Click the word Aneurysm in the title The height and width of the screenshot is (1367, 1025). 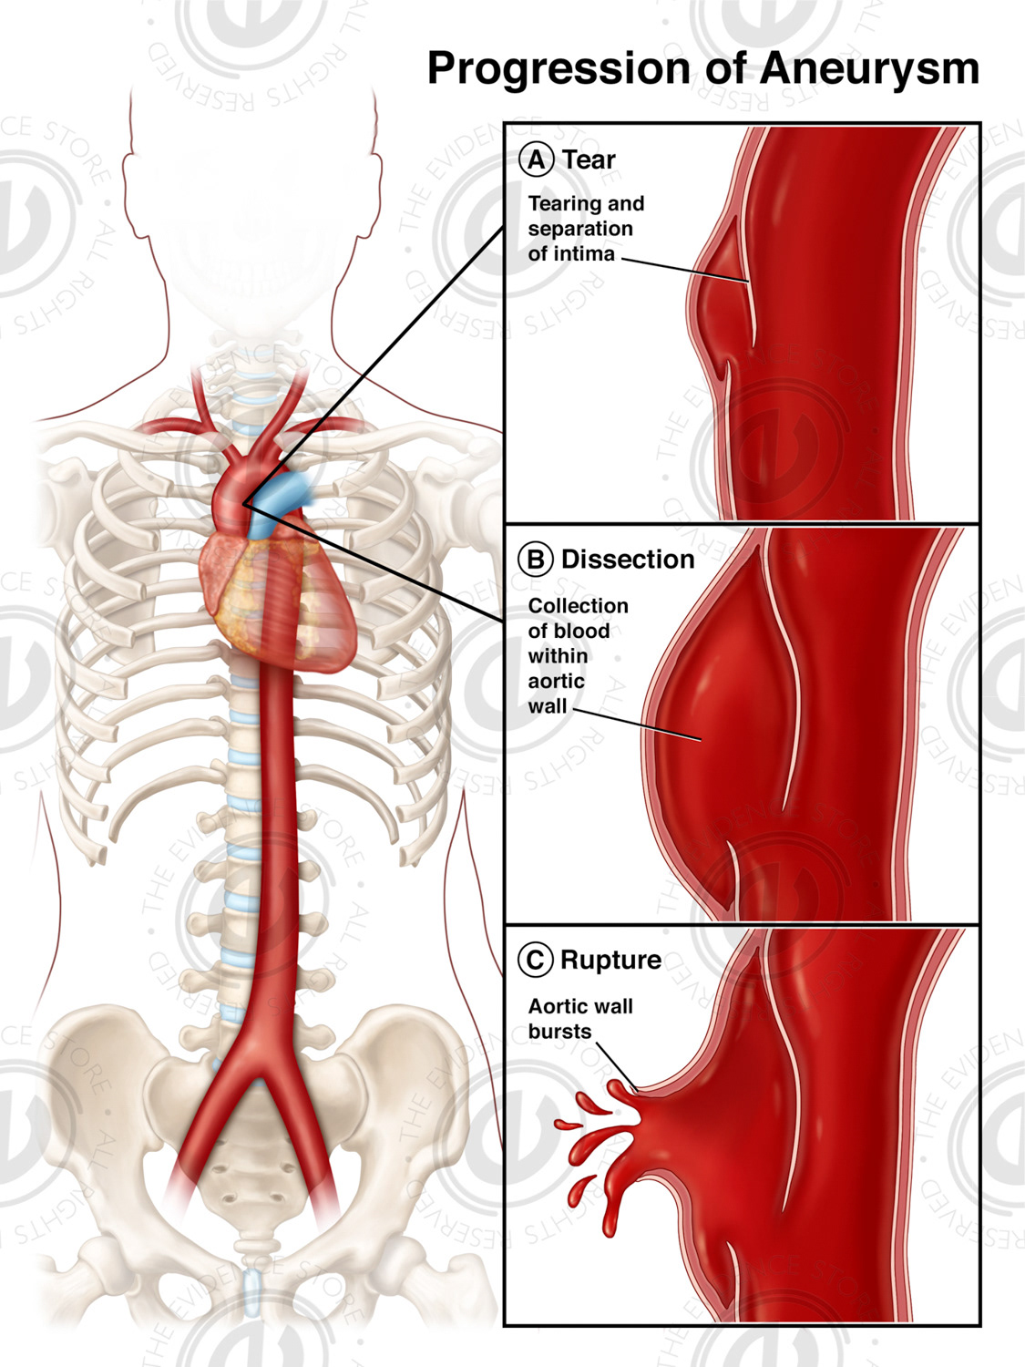(869, 69)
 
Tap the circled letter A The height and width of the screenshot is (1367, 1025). (537, 159)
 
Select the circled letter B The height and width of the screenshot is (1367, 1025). (536, 559)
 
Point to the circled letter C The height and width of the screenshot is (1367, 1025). (535, 960)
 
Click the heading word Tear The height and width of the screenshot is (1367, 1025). (589, 159)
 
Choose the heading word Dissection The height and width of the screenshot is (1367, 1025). (628, 559)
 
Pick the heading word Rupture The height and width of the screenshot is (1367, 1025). (610, 960)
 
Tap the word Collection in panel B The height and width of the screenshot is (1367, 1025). (578, 606)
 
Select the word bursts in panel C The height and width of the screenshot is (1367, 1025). (559, 1032)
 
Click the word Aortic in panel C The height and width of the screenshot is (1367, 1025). (554, 1006)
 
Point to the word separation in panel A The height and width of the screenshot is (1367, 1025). (579, 229)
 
